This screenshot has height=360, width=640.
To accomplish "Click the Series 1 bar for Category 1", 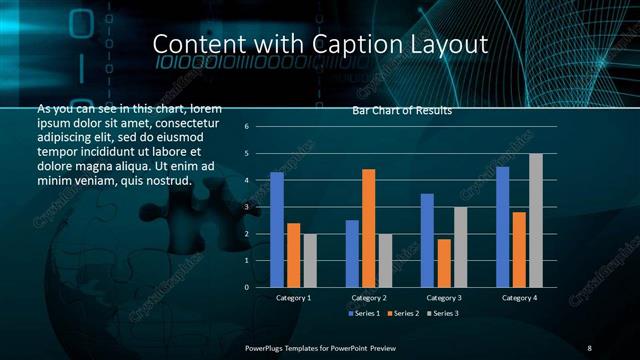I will (277, 229).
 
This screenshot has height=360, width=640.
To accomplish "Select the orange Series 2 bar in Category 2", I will (368, 228).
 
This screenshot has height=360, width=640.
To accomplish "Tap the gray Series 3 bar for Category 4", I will (535, 220).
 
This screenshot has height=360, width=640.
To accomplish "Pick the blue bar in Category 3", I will (427, 240).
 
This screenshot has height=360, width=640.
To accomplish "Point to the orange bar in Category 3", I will (443, 263).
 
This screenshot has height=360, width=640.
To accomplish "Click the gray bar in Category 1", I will (310, 260).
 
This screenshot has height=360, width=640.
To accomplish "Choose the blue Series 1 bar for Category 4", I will (502, 226).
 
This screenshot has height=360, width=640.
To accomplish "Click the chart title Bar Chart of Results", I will (402, 111).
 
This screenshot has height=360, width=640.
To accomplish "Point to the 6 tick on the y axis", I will (247, 127).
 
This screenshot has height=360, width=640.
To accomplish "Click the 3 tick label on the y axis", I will (247, 207).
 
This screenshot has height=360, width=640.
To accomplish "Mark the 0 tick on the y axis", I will (247, 287).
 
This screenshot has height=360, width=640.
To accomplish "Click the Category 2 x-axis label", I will (369, 298).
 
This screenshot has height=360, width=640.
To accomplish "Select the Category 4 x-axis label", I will (519, 298).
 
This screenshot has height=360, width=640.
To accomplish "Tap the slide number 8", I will (589, 347).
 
